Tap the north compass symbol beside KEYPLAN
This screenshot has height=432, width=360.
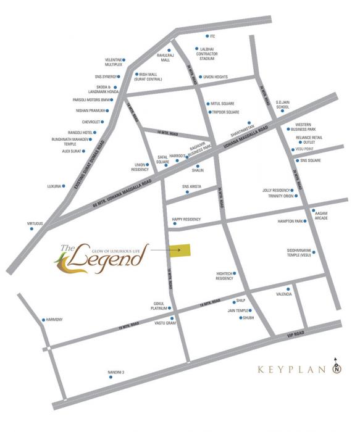click(x=337, y=368)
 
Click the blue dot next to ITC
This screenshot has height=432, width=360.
click(x=205, y=36)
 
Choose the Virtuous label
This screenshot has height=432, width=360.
click(x=17, y=223)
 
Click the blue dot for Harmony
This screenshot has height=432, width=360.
click(x=42, y=320)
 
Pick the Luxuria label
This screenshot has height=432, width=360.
click(x=54, y=186)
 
